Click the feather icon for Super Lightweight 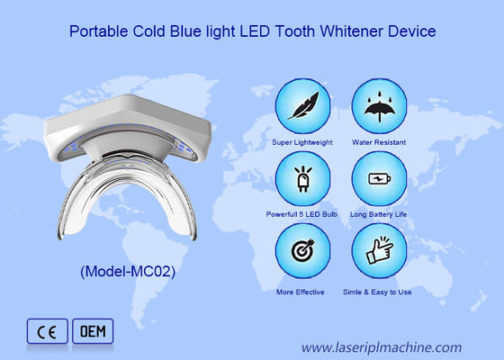(x=301, y=106)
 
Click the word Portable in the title (x=96, y=31)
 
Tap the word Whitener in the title (x=348, y=31)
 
